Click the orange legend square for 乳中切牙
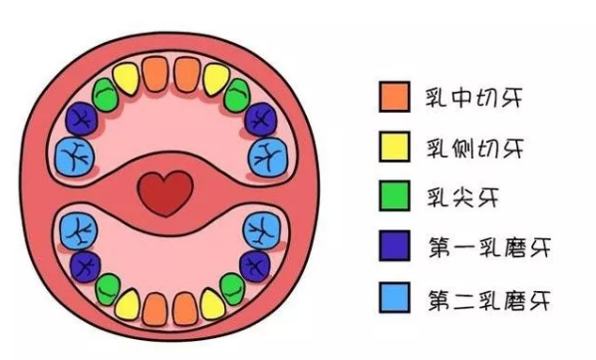pyautogui.click(x=392, y=97)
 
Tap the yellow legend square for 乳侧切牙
pyautogui.click(x=392, y=146)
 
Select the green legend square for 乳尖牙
pyautogui.click(x=392, y=195)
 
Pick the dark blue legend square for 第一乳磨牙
pyautogui.click(x=392, y=245)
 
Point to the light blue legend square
pyautogui.click(x=392, y=295)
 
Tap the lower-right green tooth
pyautogui.click(x=233, y=289)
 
